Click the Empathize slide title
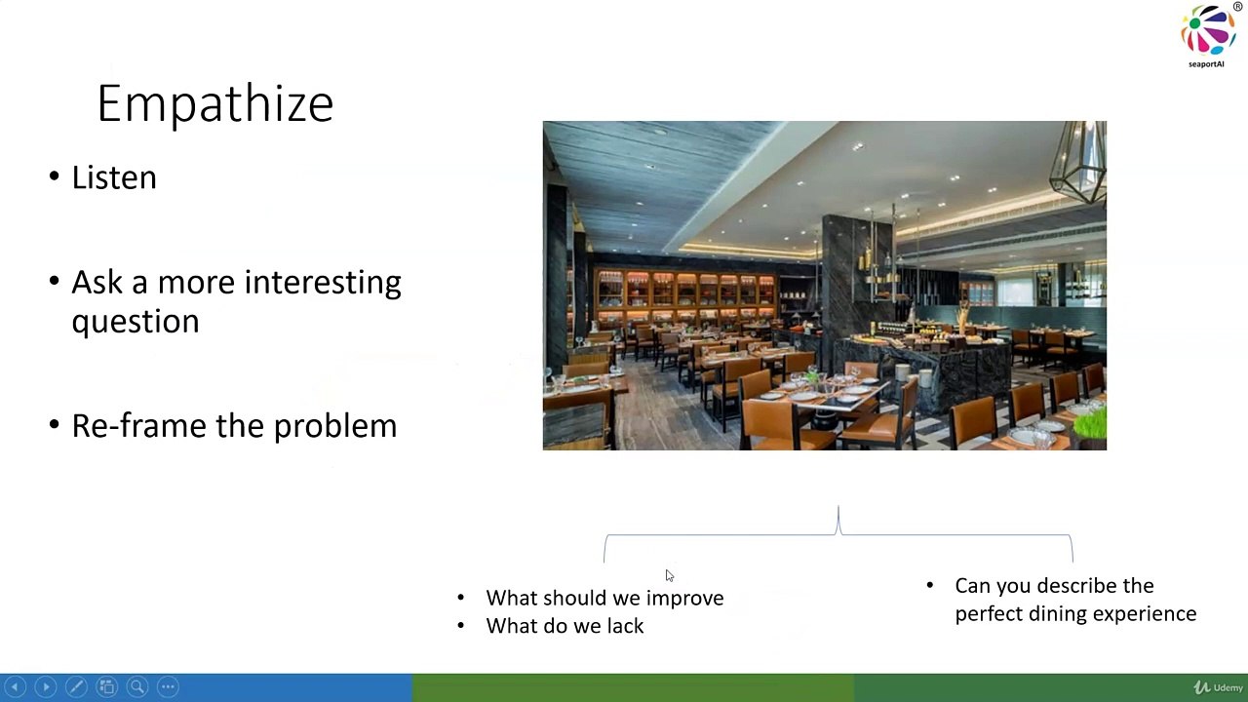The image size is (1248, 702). (215, 104)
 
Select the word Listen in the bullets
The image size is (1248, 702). (114, 177)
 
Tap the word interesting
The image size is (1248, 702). (323, 282)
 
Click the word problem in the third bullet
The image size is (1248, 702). (335, 427)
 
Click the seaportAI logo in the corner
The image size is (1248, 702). (1208, 34)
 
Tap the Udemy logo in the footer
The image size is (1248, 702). (1218, 687)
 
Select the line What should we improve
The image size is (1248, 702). (604, 598)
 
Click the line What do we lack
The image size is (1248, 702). (565, 626)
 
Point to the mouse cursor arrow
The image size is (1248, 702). (669, 575)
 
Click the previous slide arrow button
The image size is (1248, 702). (15, 687)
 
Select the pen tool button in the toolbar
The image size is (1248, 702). (76, 687)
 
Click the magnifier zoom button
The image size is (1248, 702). (137, 687)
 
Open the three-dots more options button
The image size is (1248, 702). (168, 687)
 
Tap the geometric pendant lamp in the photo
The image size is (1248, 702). (1078, 162)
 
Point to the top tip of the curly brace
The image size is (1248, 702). (838, 506)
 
